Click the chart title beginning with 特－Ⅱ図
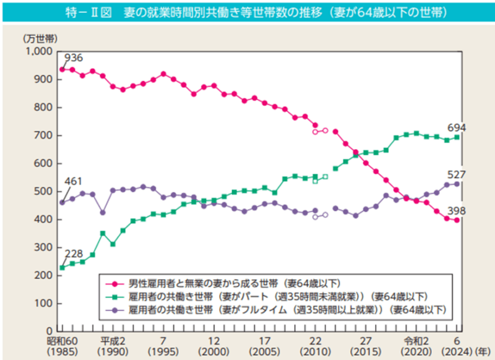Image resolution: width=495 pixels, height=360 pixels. [x=247, y=12]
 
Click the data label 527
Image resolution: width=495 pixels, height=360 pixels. [x=457, y=174]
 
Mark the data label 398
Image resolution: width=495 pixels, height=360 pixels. [x=457, y=212]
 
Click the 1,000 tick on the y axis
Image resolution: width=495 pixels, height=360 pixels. [x=41, y=51]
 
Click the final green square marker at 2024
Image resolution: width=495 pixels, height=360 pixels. [x=457, y=137]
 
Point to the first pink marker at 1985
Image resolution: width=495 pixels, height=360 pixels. [x=62, y=69]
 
